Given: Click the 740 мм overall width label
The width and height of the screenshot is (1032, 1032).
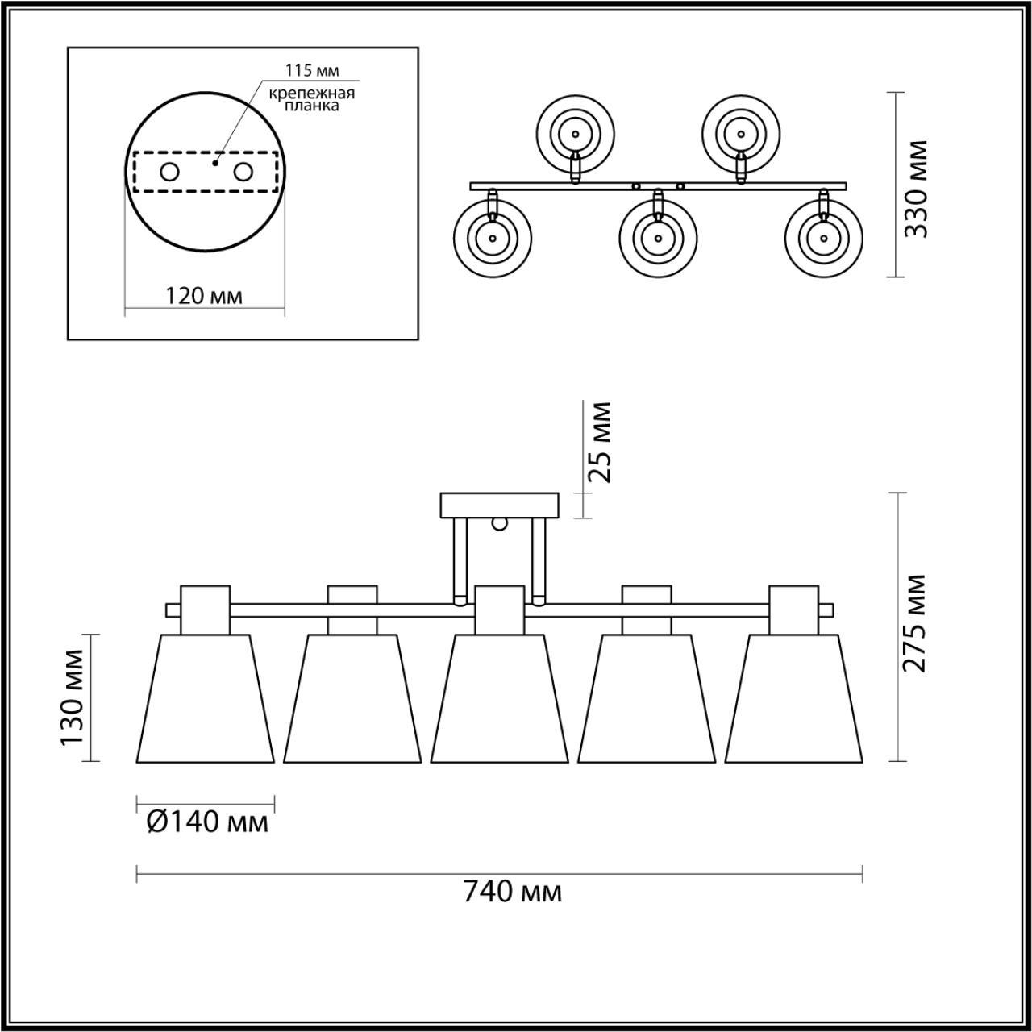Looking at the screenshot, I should pos(512,893).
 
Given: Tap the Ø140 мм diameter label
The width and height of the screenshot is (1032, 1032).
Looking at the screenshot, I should pos(207,822).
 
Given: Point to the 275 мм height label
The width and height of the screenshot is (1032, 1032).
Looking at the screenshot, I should pos(914,623).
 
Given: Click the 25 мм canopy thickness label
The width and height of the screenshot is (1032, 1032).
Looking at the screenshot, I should pos(599,442).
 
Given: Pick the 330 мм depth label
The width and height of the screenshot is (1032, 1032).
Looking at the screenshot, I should pos(916,189).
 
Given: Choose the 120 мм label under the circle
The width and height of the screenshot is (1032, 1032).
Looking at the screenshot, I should pos(203,296).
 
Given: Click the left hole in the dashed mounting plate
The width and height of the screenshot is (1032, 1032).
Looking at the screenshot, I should pos(170,172).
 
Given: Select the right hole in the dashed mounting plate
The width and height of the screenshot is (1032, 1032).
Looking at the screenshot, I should pos(243,172).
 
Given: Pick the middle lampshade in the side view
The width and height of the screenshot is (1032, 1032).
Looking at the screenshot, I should pos(500,698).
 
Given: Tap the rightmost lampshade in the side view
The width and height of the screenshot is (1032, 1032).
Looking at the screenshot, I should pos(794,698).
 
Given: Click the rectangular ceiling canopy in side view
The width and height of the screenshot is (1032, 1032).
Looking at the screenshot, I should pos(500,506).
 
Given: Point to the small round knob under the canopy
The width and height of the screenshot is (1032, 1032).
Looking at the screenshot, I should pos(500,525).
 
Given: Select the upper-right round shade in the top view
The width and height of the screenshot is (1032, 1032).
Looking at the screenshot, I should pos(739,134).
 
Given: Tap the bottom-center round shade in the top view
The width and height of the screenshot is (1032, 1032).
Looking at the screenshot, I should pos(658,238).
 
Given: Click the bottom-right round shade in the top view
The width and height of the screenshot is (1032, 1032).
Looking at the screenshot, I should pos(823,238).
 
